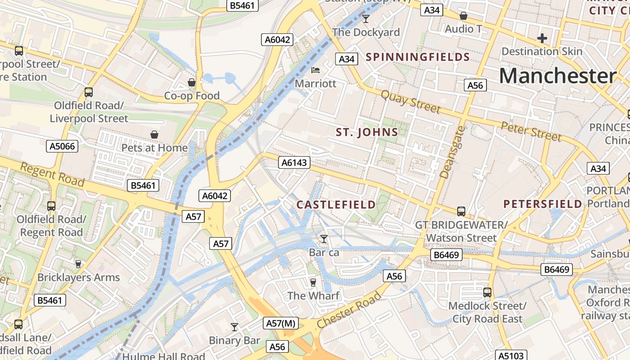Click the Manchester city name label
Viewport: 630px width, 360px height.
click(x=558, y=76)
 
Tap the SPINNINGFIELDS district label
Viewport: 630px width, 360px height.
click(x=418, y=57)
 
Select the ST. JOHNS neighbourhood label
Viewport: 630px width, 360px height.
click(x=367, y=132)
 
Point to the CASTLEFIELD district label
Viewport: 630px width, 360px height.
click(x=336, y=205)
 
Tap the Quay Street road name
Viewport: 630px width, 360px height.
click(x=411, y=101)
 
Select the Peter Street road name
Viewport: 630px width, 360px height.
click(x=531, y=130)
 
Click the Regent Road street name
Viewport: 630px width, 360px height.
click(x=53, y=174)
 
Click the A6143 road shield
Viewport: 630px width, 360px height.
click(x=294, y=162)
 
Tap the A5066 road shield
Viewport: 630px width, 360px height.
click(x=62, y=146)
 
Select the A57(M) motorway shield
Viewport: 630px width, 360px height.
click(x=281, y=323)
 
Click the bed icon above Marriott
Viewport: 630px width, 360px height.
click(x=315, y=70)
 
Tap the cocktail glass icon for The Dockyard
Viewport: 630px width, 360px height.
click(x=366, y=18)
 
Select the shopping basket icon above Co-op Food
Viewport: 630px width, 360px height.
click(x=192, y=82)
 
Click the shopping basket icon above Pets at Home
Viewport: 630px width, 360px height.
click(x=154, y=135)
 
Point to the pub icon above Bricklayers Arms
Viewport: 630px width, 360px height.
click(x=78, y=264)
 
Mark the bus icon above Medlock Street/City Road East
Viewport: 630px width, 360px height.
click(x=487, y=292)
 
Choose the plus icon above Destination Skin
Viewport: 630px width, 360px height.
click(x=542, y=38)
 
